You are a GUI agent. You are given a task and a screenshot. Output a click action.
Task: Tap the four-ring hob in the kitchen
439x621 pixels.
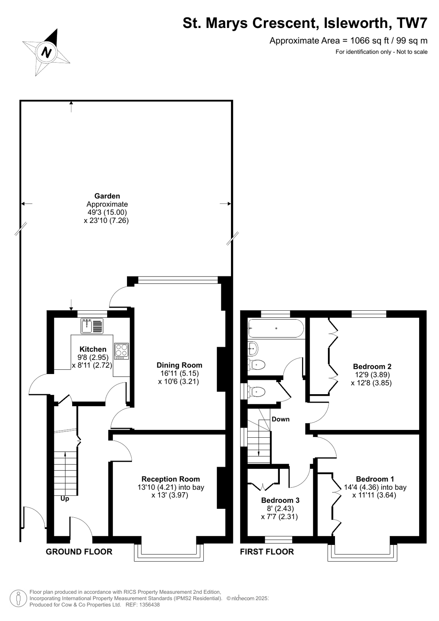[121, 351]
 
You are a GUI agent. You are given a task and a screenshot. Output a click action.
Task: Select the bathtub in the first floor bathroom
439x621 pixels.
[276, 329]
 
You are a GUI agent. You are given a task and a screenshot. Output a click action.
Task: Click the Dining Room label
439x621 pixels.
[179, 365]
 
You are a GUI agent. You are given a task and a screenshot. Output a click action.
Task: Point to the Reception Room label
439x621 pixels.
[170, 479]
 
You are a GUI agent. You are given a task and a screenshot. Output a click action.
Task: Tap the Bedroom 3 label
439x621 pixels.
[280, 500]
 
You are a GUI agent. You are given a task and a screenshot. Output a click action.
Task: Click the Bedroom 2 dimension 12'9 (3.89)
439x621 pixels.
[372, 375]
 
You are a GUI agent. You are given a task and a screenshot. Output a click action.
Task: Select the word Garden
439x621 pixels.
[107, 196]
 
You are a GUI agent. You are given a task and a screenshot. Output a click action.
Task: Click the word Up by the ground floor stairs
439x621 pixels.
[65, 499]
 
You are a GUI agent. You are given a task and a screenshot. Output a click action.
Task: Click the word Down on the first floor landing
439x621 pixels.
[280, 419]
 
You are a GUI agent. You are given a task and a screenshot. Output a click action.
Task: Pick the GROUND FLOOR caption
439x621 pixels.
[79, 551]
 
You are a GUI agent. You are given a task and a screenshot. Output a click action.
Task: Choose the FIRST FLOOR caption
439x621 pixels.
[267, 551]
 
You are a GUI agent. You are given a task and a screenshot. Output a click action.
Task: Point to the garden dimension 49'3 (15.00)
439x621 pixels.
[107, 212]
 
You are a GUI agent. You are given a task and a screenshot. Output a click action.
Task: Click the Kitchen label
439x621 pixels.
[93, 349]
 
